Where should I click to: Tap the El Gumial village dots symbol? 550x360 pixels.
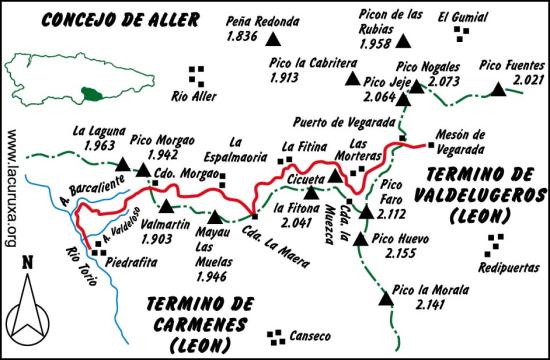point(459,33)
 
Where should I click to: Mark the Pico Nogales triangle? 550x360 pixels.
point(416,87)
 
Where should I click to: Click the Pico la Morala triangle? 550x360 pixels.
point(385,297)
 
